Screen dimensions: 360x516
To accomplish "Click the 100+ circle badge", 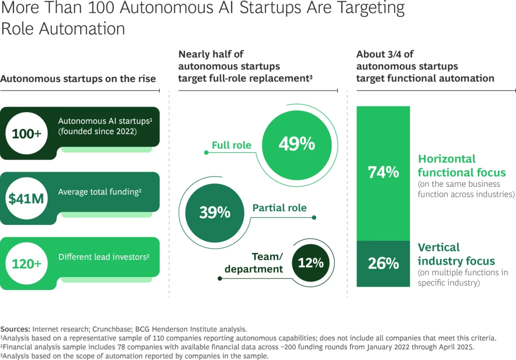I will (27, 133).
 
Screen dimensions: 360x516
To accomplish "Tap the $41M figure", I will (27, 198).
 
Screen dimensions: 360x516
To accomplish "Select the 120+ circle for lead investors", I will (27, 264).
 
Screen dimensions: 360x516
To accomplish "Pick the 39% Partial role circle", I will (215, 212).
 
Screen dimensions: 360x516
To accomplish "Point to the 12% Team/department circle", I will (311, 263).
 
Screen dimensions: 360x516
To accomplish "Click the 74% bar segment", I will (383, 172).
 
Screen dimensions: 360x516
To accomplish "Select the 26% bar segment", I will (383, 264).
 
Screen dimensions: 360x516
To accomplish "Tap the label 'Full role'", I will (231, 145).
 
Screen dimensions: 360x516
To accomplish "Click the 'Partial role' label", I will (279, 208).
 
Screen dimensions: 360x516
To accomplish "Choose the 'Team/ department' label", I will (254, 263).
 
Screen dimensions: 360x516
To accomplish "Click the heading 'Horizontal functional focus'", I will (462, 166).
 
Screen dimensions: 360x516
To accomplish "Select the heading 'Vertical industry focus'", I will (456, 254).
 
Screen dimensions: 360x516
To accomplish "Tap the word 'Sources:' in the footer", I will (15, 329).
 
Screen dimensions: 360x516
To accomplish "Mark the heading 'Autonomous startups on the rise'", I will (78, 79).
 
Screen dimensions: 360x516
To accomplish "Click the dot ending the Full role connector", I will (206, 153).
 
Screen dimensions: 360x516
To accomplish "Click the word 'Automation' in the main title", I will (82, 29).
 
